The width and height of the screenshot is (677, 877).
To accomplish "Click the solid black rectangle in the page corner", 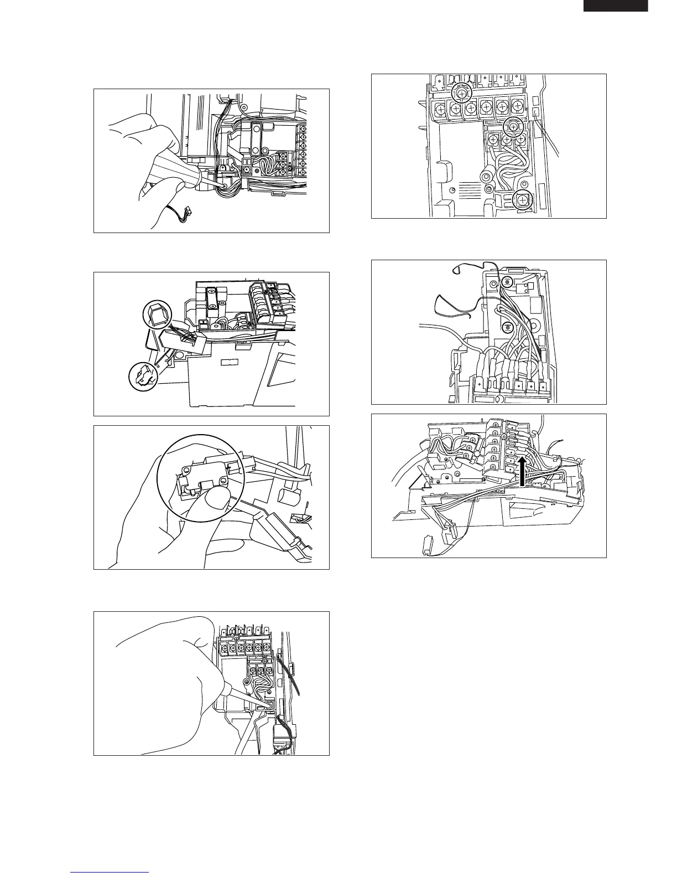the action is pos(616,6).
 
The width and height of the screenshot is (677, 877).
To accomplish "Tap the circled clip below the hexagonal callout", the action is pos(142,376).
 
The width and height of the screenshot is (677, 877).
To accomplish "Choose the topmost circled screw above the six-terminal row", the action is pos(462,94).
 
